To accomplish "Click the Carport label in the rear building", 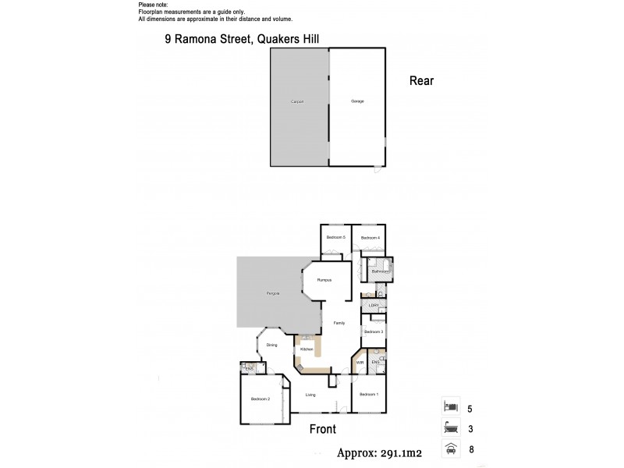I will pyautogui.click(x=296, y=101).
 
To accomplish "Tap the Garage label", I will pyautogui.click(x=357, y=101).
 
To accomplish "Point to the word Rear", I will pyautogui.click(x=421, y=80).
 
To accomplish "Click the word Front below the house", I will pyautogui.click(x=322, y=430).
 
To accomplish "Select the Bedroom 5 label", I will pyautogui.click(x=335, y=237).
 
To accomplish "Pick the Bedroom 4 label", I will pyautogui.click(x=370, y=237).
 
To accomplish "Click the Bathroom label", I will pyautogui.click(x=380, y=271).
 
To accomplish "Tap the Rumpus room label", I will pyautogui.click(x=324, y=279).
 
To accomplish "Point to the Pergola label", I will pyautogui.click(x=273, y=293).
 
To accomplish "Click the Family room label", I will pyautogui.click(x=339, y=322).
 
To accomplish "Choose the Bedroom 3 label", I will pyautogui.click(x=373, y=332).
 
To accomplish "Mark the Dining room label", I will pyautogui.click(x=271, y=344).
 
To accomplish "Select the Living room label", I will pyautogui.click(x=310, y=395).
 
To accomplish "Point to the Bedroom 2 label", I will pyautogui.click(x=260, y=399).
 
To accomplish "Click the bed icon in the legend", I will pyautogui.click(x=450, y=407).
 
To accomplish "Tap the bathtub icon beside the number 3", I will pyautogui.click(x=450, y=428).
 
